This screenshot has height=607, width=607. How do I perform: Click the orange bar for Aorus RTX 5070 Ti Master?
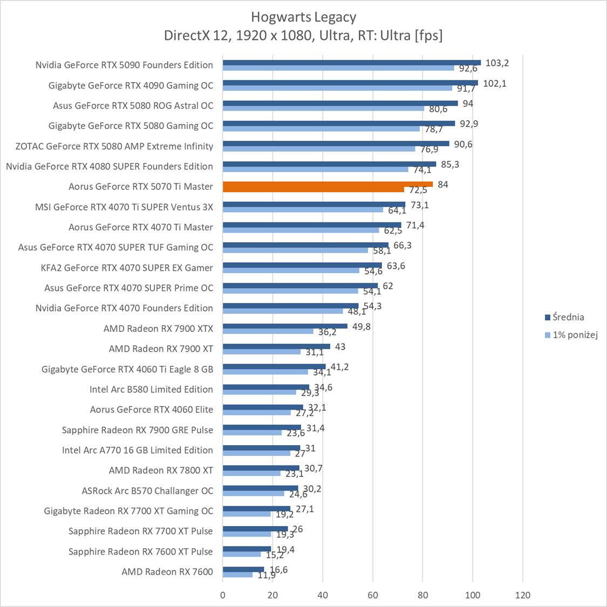click(328, 184)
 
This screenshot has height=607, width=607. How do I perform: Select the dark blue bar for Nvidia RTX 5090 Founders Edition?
click(351, 63)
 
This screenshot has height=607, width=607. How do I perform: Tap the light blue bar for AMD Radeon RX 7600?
click(237, 575)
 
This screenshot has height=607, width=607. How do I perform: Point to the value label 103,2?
click(497, 63)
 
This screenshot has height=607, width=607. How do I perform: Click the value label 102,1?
click(494, 83)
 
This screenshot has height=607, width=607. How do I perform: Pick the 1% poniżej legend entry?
click(575, 335)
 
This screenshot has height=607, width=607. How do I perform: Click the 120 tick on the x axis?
click(522, 595)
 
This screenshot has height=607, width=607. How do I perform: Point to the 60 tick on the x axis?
click(373, 595)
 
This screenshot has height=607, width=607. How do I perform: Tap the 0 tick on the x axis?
click(223, 595)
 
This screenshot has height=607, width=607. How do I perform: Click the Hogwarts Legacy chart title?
click(303, 17)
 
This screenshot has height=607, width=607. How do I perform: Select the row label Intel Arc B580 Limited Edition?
click(151, 389)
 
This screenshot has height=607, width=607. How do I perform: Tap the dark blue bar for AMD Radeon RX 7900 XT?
click(276, 346)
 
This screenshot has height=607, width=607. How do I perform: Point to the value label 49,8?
click(362, 326)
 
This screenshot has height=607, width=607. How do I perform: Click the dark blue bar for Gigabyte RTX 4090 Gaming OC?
click(350, 83)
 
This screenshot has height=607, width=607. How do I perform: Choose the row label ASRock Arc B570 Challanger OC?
click(147, 490)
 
